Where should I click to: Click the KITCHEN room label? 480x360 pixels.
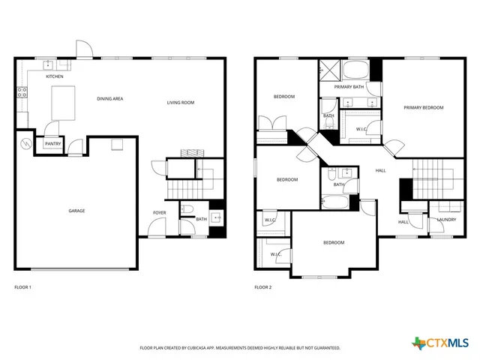[55, 76]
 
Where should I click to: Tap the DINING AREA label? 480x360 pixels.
[109, 98]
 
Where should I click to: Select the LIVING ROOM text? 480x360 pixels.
[181, 102]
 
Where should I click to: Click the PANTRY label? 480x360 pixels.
[52, 143]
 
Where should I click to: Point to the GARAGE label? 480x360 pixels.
[76, 211]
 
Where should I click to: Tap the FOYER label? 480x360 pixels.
[160, 213]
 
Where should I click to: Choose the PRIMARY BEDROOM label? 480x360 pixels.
[424, 108]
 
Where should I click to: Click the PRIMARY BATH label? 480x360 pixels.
[349, 87]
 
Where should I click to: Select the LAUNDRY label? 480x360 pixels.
[447, 220]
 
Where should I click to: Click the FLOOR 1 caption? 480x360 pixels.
[23, 287]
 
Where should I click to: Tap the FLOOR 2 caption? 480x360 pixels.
[263, 287]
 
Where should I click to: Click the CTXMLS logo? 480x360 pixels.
[442, 343]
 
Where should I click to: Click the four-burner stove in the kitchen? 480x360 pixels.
[22, 92]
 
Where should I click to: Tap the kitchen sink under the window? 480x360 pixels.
[48, 64]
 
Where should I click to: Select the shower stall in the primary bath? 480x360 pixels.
[329, 69]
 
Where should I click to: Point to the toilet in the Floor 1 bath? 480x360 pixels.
[188, 211]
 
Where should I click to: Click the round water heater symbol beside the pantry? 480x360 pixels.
[26, 142]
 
